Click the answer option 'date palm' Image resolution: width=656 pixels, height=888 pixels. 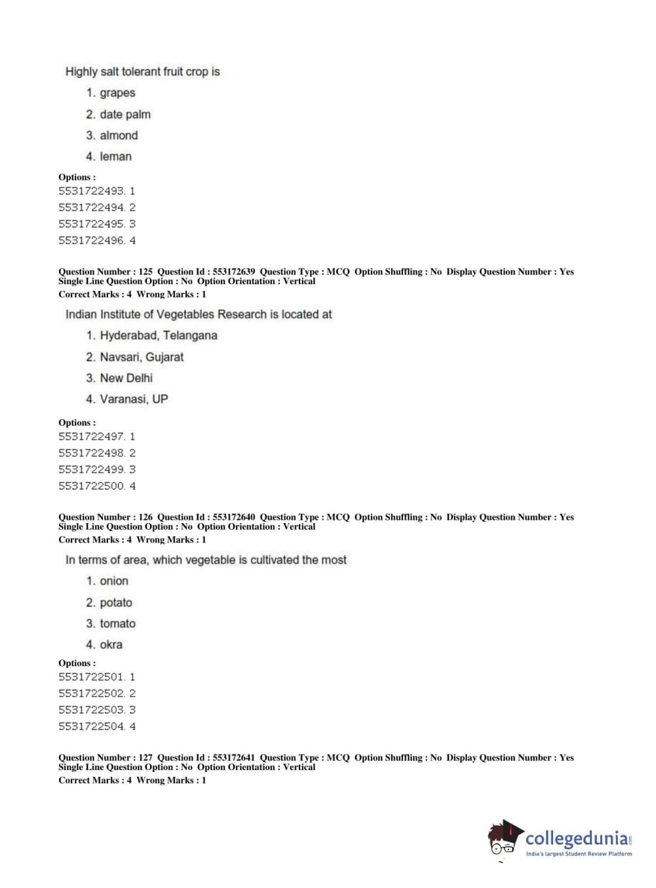coord(125,115)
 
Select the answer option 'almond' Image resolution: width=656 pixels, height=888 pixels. coord(119,136)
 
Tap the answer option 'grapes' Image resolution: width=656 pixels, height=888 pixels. coord(117,93)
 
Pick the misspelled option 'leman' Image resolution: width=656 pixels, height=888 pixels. coord(115,157)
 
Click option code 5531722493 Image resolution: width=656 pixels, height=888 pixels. coord(91,191)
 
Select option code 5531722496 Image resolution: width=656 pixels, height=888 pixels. coord(91,240)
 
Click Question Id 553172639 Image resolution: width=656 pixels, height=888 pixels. coord(233,272)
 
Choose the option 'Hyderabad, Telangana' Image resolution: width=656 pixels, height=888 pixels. coord(158,335)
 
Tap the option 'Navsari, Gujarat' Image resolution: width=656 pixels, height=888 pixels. coord(142,357)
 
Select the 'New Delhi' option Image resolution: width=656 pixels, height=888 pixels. coord(126,378)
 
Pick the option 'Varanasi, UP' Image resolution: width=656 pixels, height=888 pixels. coord(134,399)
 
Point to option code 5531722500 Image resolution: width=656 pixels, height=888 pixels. coord(91,486)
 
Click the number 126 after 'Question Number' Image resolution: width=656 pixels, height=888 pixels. coord(145,517)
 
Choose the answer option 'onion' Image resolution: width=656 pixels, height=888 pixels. coord(114,581)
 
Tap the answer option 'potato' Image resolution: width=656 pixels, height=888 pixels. coord(116,602)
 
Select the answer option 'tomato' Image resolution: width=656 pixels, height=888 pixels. coord(117,623)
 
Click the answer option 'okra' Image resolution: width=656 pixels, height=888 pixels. coord(111,644)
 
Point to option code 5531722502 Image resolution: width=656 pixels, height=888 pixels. coord(91,694)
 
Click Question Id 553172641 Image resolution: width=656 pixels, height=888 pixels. coord(233,758)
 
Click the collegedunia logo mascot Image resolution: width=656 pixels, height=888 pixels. coord(505,838)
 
